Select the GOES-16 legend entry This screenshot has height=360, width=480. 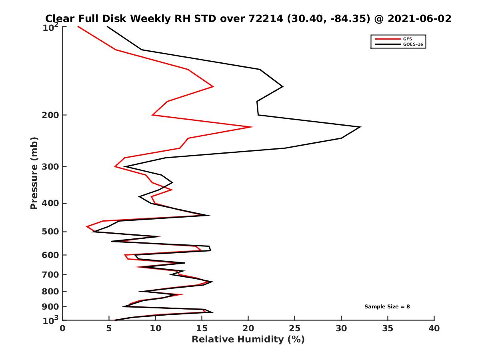tap(412, 44)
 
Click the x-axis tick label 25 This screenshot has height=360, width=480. tap(294, 329)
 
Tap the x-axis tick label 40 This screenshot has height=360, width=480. tap(434, 329)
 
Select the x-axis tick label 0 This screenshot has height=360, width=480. tap(63, 329)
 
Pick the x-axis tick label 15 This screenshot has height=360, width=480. tap(202, 329)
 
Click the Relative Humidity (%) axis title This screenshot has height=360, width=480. tap(248, 340)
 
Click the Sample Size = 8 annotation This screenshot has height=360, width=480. tap(387, 307)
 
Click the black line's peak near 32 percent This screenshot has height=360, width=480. tap(360, 127)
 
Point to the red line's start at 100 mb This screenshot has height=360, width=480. tap(78, 26)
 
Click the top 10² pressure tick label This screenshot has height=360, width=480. tap(51, 27)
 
